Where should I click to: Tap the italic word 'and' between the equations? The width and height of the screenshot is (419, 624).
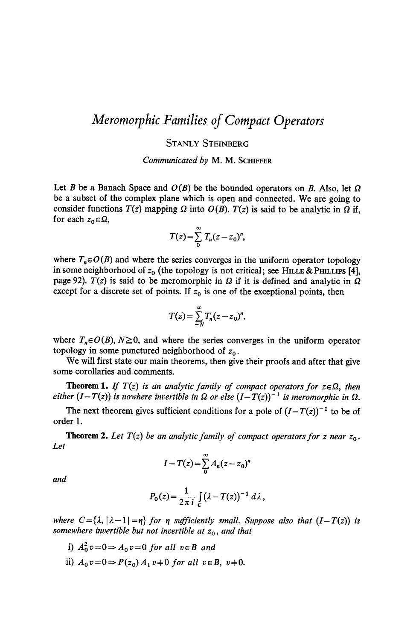click(59, 479)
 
